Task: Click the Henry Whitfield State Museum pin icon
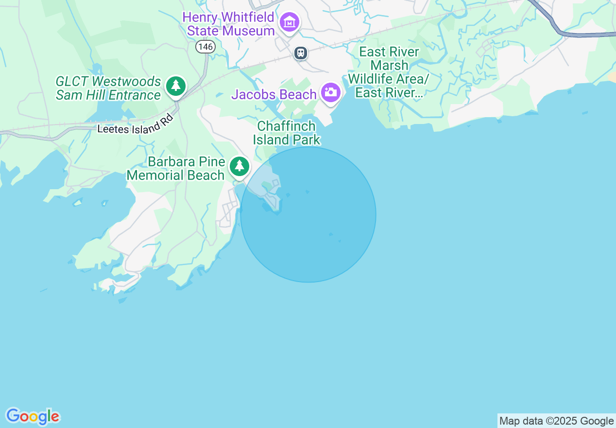coord(289,22)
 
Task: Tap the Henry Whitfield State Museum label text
coord(228,24)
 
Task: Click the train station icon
coord(301,53)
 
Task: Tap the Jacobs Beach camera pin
coord(331,92)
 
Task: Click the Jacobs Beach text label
coord(274,94)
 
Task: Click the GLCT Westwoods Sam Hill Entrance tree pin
coord(176,86)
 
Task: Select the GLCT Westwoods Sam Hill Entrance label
coord(108,88)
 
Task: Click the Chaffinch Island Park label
coord(286,133)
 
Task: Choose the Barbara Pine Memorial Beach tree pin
coord(239,166)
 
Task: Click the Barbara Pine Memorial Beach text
coord(176,169)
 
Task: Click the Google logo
coord(33,416)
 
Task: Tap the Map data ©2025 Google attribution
coord(556,421)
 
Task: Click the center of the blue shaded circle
coord(308,214)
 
